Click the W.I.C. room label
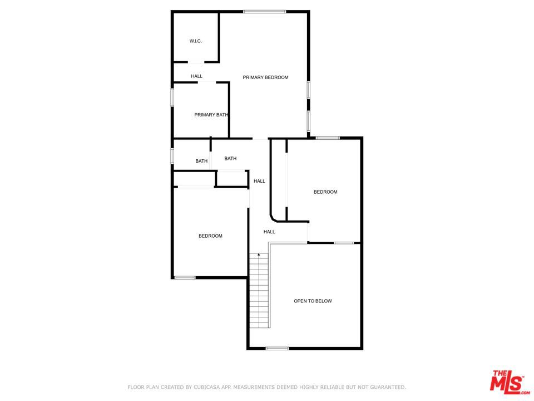click(195, 41)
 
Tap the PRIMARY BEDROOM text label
click(265, 77)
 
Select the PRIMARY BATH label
click(211, 115)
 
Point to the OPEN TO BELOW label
click(313, 301)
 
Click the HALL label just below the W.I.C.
click(196, 76)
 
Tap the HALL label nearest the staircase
click(269, 232)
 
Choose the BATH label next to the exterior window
click(201, 162)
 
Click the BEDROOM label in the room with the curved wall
click(325, 192)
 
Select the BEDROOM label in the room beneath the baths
click(210, 236)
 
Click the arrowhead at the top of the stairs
click(259, 255)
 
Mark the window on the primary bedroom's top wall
click(264, 12)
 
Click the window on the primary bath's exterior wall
click(172, 97)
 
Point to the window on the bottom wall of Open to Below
click(277, 349)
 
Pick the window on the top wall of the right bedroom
click(328, 138)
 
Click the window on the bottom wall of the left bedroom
click(185, 277)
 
